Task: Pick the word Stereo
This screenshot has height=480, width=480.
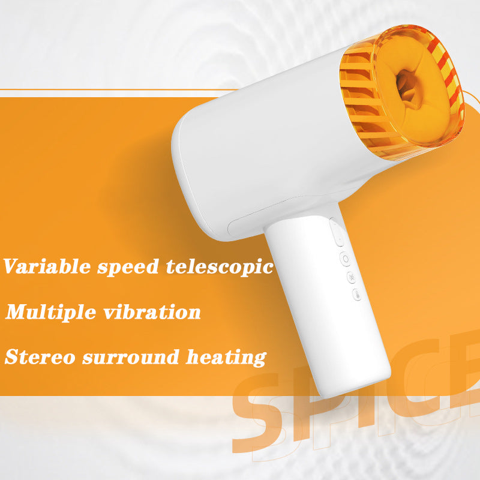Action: point(40,357)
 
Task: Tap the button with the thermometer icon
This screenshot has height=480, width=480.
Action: point(356,295)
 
